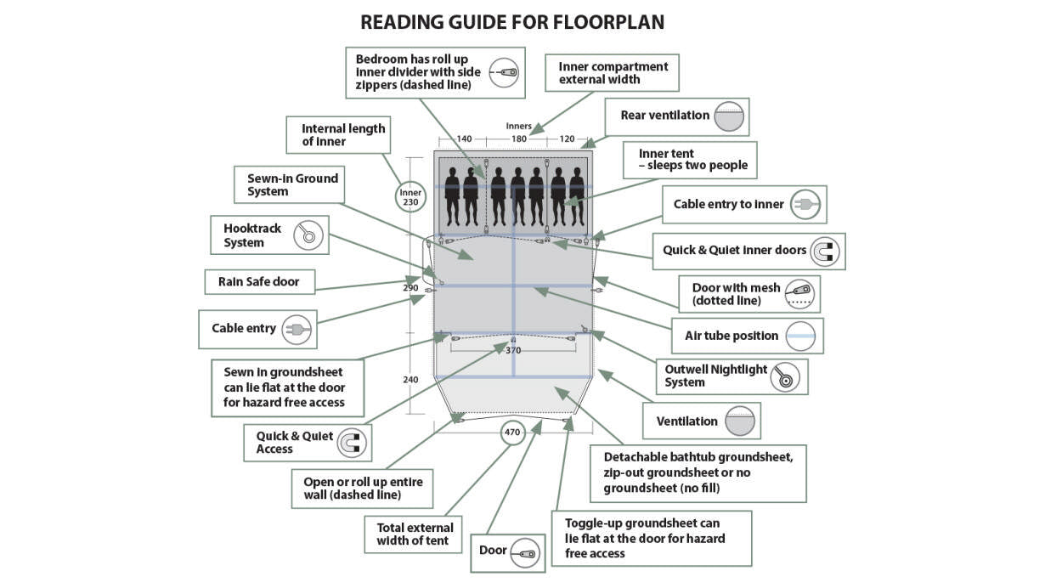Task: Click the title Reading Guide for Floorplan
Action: tap(512, 22)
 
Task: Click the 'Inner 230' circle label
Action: tap(410, 198)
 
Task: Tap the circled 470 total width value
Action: tap(512, 432)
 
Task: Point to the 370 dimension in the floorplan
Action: tap(512, 350)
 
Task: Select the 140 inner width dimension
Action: tap(464, 139)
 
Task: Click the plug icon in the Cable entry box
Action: tap(297, 328)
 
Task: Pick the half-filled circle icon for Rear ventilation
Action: tap(728, 116)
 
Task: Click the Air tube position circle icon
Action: tap(800, 336)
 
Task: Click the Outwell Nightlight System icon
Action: tap(786, 376)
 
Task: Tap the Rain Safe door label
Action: tap(258, 281)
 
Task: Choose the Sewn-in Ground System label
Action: tap(292, 184)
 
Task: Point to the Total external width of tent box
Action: tap(415, 534)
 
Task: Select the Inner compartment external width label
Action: tap(613, 73)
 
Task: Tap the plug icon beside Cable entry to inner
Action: tap(805, 205)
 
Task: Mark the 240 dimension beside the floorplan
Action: tap(410, 380)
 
